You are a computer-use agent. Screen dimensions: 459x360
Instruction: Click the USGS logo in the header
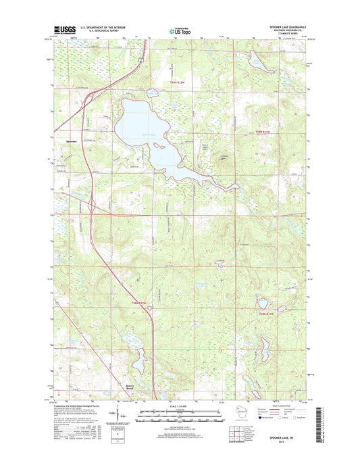63,30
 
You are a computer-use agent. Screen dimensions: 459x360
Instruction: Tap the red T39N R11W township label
265,131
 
